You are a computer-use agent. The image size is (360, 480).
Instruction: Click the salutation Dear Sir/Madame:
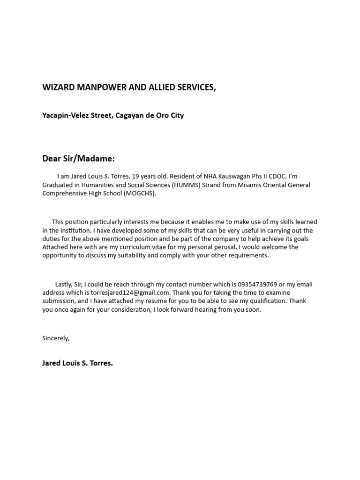[x=78, y=158]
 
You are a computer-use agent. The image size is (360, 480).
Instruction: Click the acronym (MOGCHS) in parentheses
[x=139, y=194]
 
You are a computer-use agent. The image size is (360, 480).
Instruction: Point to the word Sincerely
[x=55, y=338]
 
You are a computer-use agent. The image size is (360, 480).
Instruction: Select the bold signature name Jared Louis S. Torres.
[x=77, y=363]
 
